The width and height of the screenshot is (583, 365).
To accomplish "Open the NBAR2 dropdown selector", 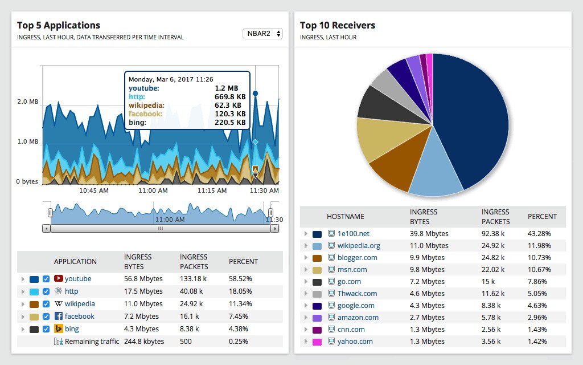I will [262, 34].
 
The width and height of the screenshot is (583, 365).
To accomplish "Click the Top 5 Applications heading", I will [58, 25].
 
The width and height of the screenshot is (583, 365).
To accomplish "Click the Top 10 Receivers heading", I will [337, 25].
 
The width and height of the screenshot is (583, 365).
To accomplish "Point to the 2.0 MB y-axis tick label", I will [27, 102].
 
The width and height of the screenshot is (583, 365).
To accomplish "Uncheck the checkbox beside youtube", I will [46, 279].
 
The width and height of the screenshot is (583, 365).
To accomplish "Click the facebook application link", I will [79, 317].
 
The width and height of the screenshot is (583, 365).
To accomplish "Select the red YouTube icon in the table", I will [58, 279].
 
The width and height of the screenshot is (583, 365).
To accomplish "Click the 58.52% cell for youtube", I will [240, 279].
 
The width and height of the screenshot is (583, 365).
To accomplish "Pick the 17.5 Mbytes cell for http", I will [143, 291].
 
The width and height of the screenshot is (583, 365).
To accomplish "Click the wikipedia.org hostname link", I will [359, 246].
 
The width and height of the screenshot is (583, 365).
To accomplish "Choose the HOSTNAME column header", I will [345, 217].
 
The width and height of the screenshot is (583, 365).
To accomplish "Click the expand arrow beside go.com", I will [306, 282].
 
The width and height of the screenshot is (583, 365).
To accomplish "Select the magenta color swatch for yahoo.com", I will [317, 342].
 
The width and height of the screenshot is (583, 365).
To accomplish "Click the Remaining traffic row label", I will [92, 342].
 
